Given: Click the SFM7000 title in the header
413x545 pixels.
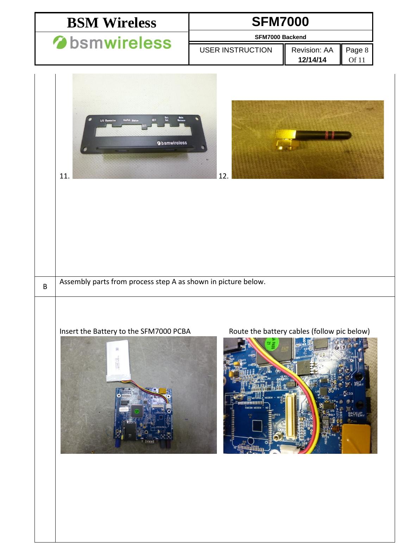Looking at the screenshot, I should [280, 22].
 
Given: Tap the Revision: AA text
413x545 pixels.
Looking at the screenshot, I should [312, 50].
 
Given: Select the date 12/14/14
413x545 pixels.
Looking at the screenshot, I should [312, 60].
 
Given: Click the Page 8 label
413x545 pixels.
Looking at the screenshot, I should [357, 50].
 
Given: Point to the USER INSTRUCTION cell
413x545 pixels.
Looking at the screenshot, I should [236, 50].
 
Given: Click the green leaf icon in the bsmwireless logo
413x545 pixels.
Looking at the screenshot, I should [60, 43].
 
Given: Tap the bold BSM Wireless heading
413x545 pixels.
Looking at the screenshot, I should [112, 23].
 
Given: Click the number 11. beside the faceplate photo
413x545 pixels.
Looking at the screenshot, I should [64, 176].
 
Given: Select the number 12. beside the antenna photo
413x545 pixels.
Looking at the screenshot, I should [223, 176].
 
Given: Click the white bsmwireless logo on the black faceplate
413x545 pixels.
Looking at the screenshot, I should [172, 143].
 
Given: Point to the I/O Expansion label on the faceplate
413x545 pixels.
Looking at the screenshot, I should [108, 120].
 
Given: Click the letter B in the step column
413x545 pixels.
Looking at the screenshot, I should [45, 287].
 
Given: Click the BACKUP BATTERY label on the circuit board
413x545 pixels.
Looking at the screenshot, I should [356, 414].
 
